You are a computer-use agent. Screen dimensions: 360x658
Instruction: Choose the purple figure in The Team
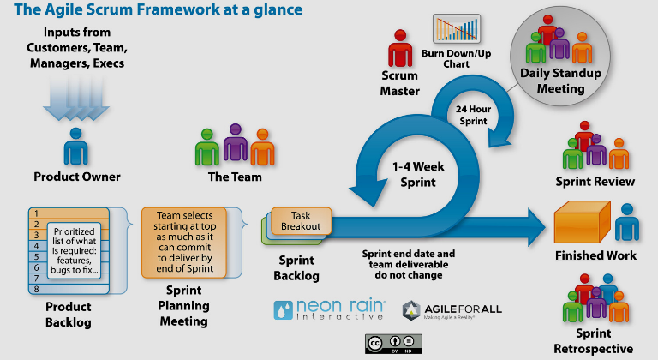(x=235, y=143)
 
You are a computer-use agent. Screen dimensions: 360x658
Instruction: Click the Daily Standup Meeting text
(x=553, y=81)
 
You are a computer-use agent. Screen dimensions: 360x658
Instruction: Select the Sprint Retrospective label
(x=595, y=340)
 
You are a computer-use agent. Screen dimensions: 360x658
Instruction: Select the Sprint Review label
(x=595, y=182)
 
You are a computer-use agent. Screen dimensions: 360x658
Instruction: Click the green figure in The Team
(x=207, y=148)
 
